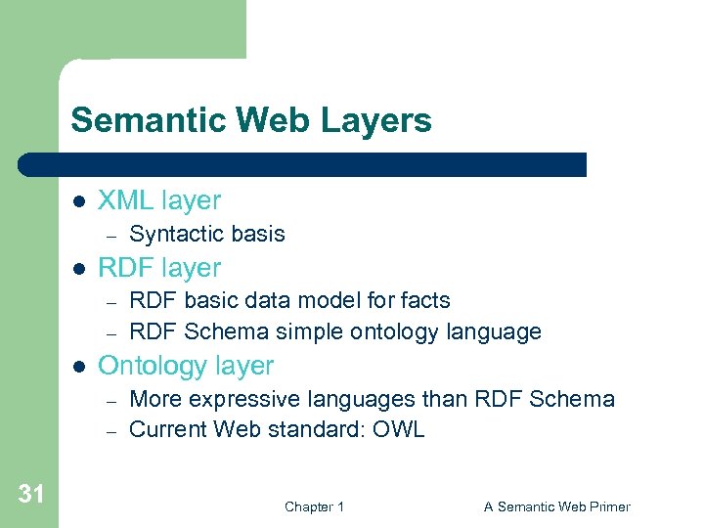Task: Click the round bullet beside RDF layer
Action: (x=80, y=267)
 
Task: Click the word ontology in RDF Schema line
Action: (x=391, y=332)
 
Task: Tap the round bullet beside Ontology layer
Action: (x=80, y=366)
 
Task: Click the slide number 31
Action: (x=31, y=495)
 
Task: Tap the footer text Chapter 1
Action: (x=314, y=506)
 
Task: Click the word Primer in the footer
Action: (x=609, y=506)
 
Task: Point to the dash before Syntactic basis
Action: (x=111, y=235)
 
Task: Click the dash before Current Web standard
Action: (x=111, y=430)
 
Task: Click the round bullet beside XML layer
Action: (x=80, y=200)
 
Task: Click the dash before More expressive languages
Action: (x=111, y=400)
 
